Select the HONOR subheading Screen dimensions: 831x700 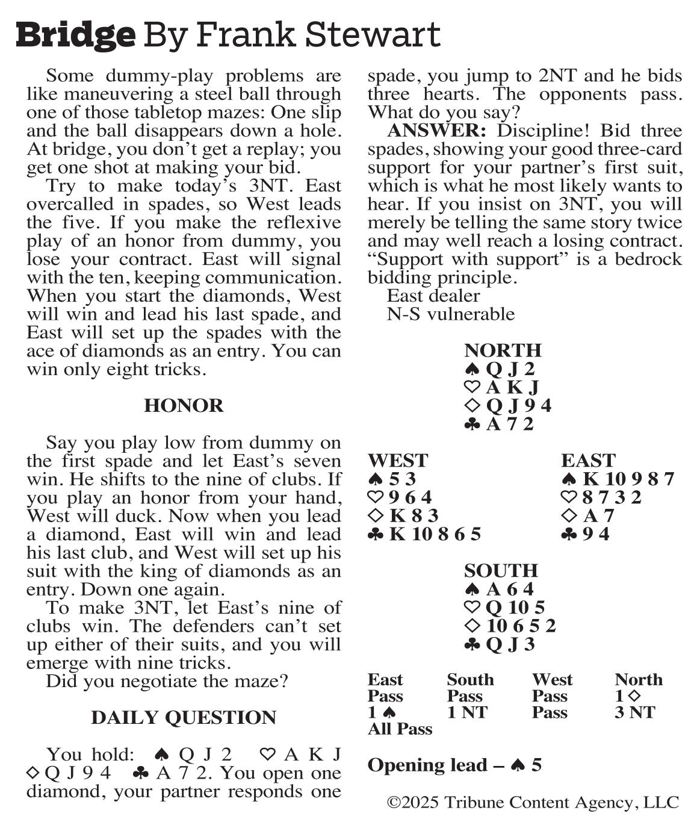[x=184, y=406]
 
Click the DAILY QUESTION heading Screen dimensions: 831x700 [x=184, y=718]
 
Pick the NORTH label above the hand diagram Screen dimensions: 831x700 [x=503, y=350]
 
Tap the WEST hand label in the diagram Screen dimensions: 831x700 [x=397, y=461]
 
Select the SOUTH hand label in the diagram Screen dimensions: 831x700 [x=501, y=571]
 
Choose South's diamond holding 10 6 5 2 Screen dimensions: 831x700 [x=521, y=626]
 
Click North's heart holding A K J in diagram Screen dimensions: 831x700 [x=512, y=387]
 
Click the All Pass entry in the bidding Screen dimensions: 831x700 [x=400, y=729]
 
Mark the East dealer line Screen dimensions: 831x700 [x=433, y=296]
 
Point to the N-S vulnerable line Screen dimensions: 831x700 [x=450, y=314]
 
